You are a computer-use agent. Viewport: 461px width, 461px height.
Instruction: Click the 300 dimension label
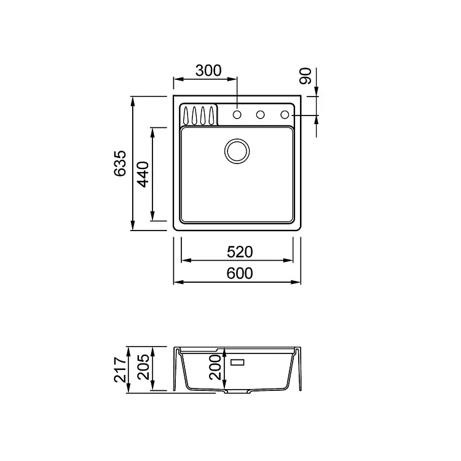pyautogui.click(x=208, y=71)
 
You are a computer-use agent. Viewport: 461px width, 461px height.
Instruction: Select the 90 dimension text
pyautogui.click(x=305, y=76)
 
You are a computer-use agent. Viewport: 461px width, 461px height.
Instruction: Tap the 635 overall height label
pyautogui.click(x=120, y=164)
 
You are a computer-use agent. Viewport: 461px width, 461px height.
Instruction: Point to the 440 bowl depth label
pyautogui.click(x=143, y=175)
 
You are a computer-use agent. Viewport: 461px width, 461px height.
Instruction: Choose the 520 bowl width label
pyautogui.click(x=240, y=252)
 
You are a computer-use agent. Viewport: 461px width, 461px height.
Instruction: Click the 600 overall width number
pyautogui.click(x=240, y=274)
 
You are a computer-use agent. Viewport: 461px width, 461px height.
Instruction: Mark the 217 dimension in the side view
pyautogui.click(x=120, y=369)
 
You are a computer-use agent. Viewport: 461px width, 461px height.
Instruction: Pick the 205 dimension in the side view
pyautogui.click(x=143, y=367)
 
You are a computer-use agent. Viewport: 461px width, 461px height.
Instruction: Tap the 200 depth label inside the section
pyautogui.click(x=215, y=367)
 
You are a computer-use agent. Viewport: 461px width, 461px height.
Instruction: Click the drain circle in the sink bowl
pyautogui.click(x=237, y=151)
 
